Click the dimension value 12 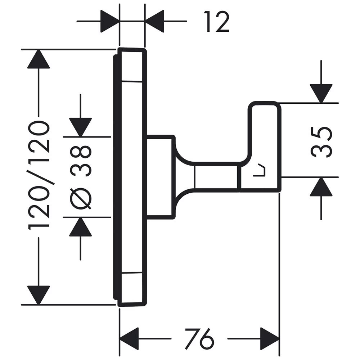(x=216, y=22)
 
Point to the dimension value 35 (x=321, y=141)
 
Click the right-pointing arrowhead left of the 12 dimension (x=109, y=21)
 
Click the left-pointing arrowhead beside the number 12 (x=154, y=21)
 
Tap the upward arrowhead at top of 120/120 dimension (x=39, y=59)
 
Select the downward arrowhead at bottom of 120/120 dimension (x=39, y=294)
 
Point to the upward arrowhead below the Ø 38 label (x=81, y=227)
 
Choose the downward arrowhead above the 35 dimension (x=321, y=93)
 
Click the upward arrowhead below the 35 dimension (x=321, y=187)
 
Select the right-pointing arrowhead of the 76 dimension (x=270, y=339)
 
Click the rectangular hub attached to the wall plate (x=160, y=177)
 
